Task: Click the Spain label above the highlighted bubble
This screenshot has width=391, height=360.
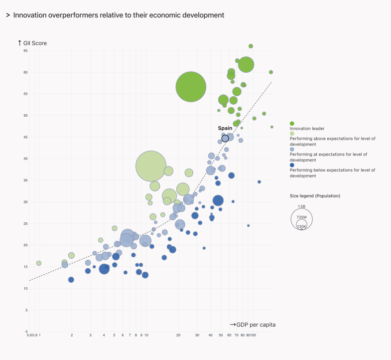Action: click(225, 128)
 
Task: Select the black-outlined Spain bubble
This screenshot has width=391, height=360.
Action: click(225, 138)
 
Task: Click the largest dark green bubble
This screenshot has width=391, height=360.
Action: click(191, 87)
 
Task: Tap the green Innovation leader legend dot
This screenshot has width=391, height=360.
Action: click(292, 123)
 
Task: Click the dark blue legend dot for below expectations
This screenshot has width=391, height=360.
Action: click(292, 165)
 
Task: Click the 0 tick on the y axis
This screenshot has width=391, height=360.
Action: click(26, 332)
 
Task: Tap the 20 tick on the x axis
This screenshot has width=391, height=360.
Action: click(178, 335)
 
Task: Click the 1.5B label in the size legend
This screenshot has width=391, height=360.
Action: click(301, 206)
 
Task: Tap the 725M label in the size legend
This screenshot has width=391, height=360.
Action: click(301, 217)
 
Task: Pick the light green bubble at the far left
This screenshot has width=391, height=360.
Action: click(38, 263)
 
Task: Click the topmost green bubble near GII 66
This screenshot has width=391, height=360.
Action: click(251, 46)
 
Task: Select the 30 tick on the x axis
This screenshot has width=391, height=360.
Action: click(197, 335)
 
